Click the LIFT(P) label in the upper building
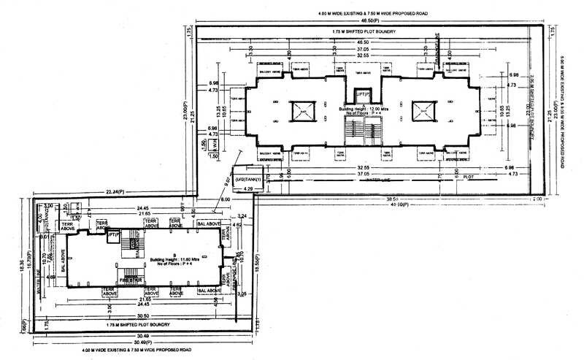pyautogui.click(x=363, y=94)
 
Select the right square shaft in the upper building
pyautogui.click(x=422, y=111)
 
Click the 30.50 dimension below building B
pyautogui.click(x=138, y=315)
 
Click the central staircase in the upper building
pyautogui.click(x=363, y=132)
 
